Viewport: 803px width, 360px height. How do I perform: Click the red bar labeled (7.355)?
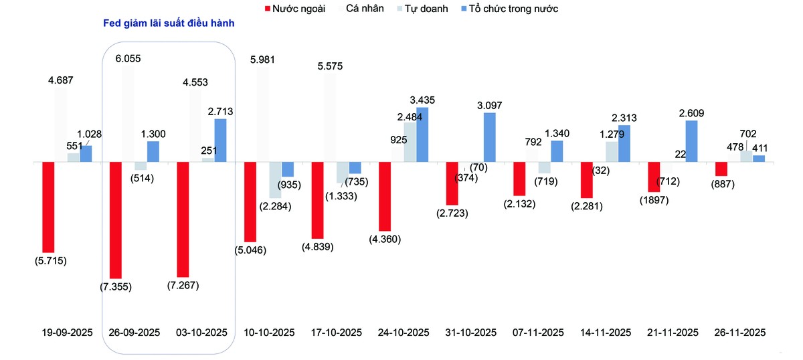(x=116, y=219)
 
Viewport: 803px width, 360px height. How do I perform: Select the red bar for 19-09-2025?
(x=48, y=207)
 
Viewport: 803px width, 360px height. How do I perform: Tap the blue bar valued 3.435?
(x=422, y=134)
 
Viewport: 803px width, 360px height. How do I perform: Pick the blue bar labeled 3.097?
(x=490, y=137)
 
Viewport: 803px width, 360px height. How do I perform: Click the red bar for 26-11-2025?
(x=721, y=169)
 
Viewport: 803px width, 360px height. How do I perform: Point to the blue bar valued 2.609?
(x=692, y=141)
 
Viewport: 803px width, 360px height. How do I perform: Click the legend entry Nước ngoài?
(x=294, y=9)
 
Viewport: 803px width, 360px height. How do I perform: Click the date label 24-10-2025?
(x=404, y=333)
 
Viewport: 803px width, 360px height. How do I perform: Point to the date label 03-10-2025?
(x=201, y=333)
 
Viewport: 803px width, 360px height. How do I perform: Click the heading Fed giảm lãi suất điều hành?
(x=168, y=23)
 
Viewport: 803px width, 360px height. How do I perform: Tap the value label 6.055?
(x=128, y=59)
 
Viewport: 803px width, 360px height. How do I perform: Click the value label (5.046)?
(x=250, y=252)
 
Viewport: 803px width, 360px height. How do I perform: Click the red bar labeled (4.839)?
(x=317, y=200)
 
